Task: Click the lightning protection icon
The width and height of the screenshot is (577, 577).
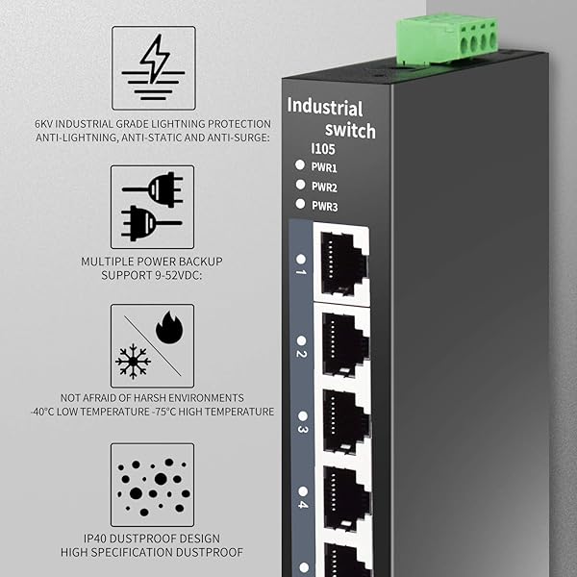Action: (x=153, y=67)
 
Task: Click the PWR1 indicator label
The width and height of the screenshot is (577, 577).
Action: (x=324, y=167)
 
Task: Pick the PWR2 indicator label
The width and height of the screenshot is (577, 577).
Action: (x=324, y=186)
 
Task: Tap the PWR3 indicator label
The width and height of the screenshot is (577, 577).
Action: (x=324, y=205)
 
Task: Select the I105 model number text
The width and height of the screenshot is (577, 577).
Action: (x=322, y=148)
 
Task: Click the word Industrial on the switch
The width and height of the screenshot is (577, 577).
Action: (x=325, y=107)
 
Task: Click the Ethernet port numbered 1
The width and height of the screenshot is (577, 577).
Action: (x=341, y=260)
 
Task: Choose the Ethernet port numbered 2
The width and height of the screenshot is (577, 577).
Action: (x=343, y=343)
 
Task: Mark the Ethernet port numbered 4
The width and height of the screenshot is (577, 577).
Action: (x=343, y=500)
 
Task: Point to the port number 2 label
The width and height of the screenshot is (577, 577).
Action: (x=301, y=354)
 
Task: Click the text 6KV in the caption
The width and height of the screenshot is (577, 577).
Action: (x=47, y=124)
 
